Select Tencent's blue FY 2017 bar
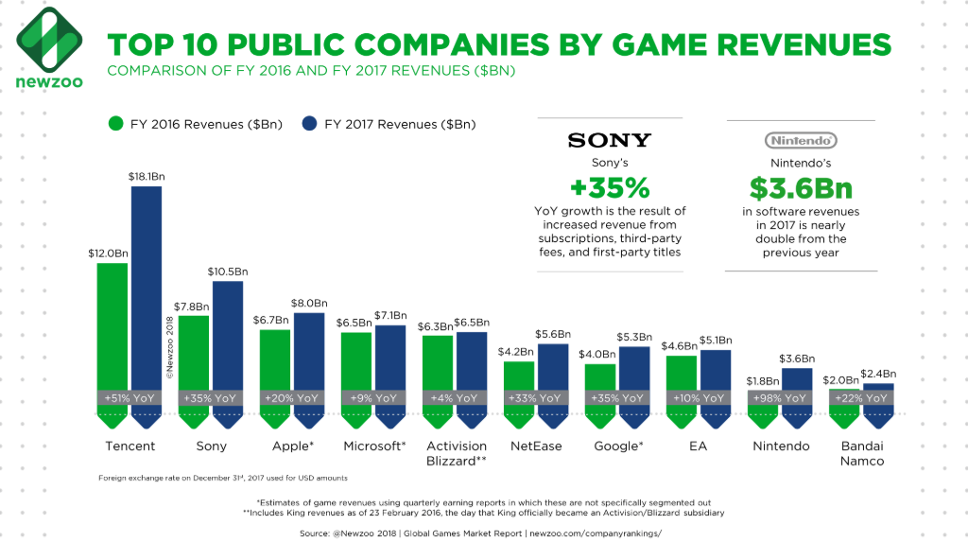pos(147,293)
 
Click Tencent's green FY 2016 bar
pos(112,326)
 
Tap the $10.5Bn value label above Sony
pos(227,271)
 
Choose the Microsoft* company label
pos(372,446)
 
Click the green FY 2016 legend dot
pos(116,123)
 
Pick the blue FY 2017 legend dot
pos(309,123)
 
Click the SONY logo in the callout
pos(609,141)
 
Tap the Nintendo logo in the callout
pos(800,140)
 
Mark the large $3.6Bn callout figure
pos(800,186)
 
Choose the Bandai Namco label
pos(861,453)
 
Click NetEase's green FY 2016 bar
pos(519,376)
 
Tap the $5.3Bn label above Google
pos(633,338)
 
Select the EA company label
pos(698,446)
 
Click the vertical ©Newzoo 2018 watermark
pos(171,345)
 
